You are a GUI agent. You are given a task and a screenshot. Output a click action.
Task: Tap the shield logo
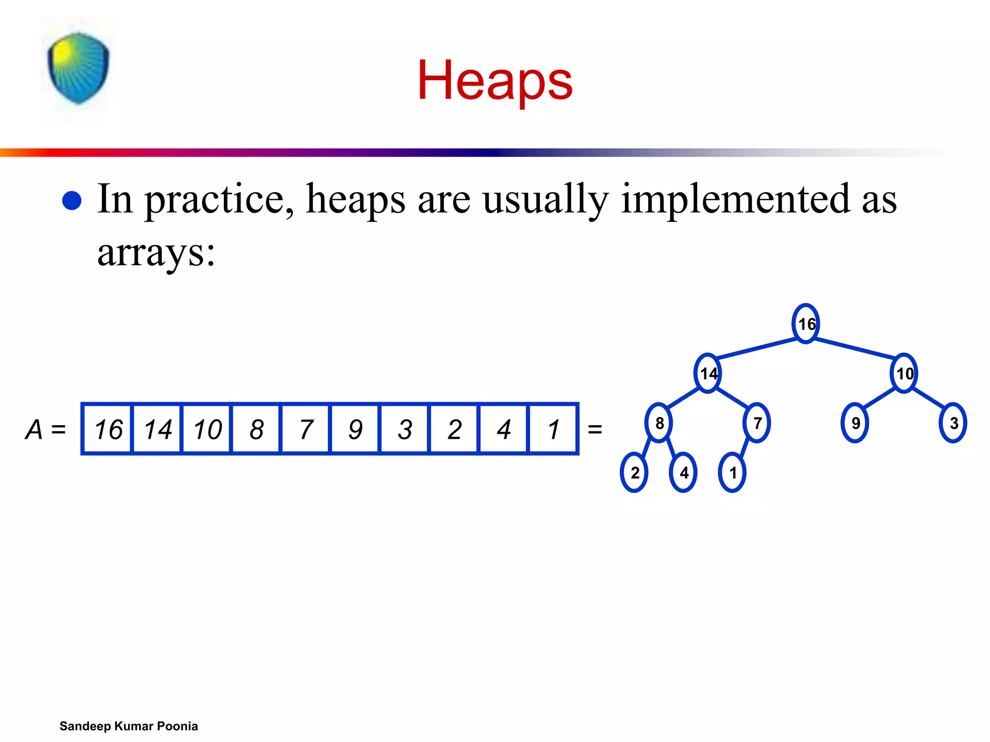pyautogui.click(x=78, y=68)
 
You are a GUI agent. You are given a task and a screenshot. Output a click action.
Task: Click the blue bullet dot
pyautogui.click(x=72, y=200)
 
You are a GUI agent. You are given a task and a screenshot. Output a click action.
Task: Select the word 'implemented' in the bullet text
pyautogui.click(x=735, y=199)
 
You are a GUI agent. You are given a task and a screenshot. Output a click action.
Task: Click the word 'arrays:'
pyautogui.click(x=156, y=252)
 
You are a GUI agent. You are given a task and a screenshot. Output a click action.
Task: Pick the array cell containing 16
pyautogui.click(x=108, y=429)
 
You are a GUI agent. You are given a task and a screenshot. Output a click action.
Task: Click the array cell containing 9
pyautogui.click(x=355, y=429)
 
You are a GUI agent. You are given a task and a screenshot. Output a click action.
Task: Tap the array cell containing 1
pyautogui.click(x=553, y=429)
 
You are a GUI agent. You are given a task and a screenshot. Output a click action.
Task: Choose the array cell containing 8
pyautogui.click(x=256, y=429)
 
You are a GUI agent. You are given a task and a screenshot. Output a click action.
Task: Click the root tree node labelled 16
pyautogui.click(x=806, y=324)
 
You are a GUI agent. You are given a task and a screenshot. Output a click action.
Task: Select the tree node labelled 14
pyautogui.click(x=708, y=373)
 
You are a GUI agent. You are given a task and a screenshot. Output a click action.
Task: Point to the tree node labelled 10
pyautogui.click(x=904, y=373)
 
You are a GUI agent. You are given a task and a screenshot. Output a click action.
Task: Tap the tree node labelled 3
pyautogui.click(x=953, y=423)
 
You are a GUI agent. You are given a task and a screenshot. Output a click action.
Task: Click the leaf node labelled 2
pyautogui.click(x=634, y=472)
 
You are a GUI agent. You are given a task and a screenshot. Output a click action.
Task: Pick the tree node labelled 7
pyautogui.click(x=757, y=423)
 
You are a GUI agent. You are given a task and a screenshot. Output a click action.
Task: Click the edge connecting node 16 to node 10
pyautogui.click(x=855, y=348)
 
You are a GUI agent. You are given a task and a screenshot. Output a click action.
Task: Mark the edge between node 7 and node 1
pyautogui.click(x=745, y=448)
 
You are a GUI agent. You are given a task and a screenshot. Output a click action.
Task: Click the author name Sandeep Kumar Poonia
pyautogui.click(x=129, y=726)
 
